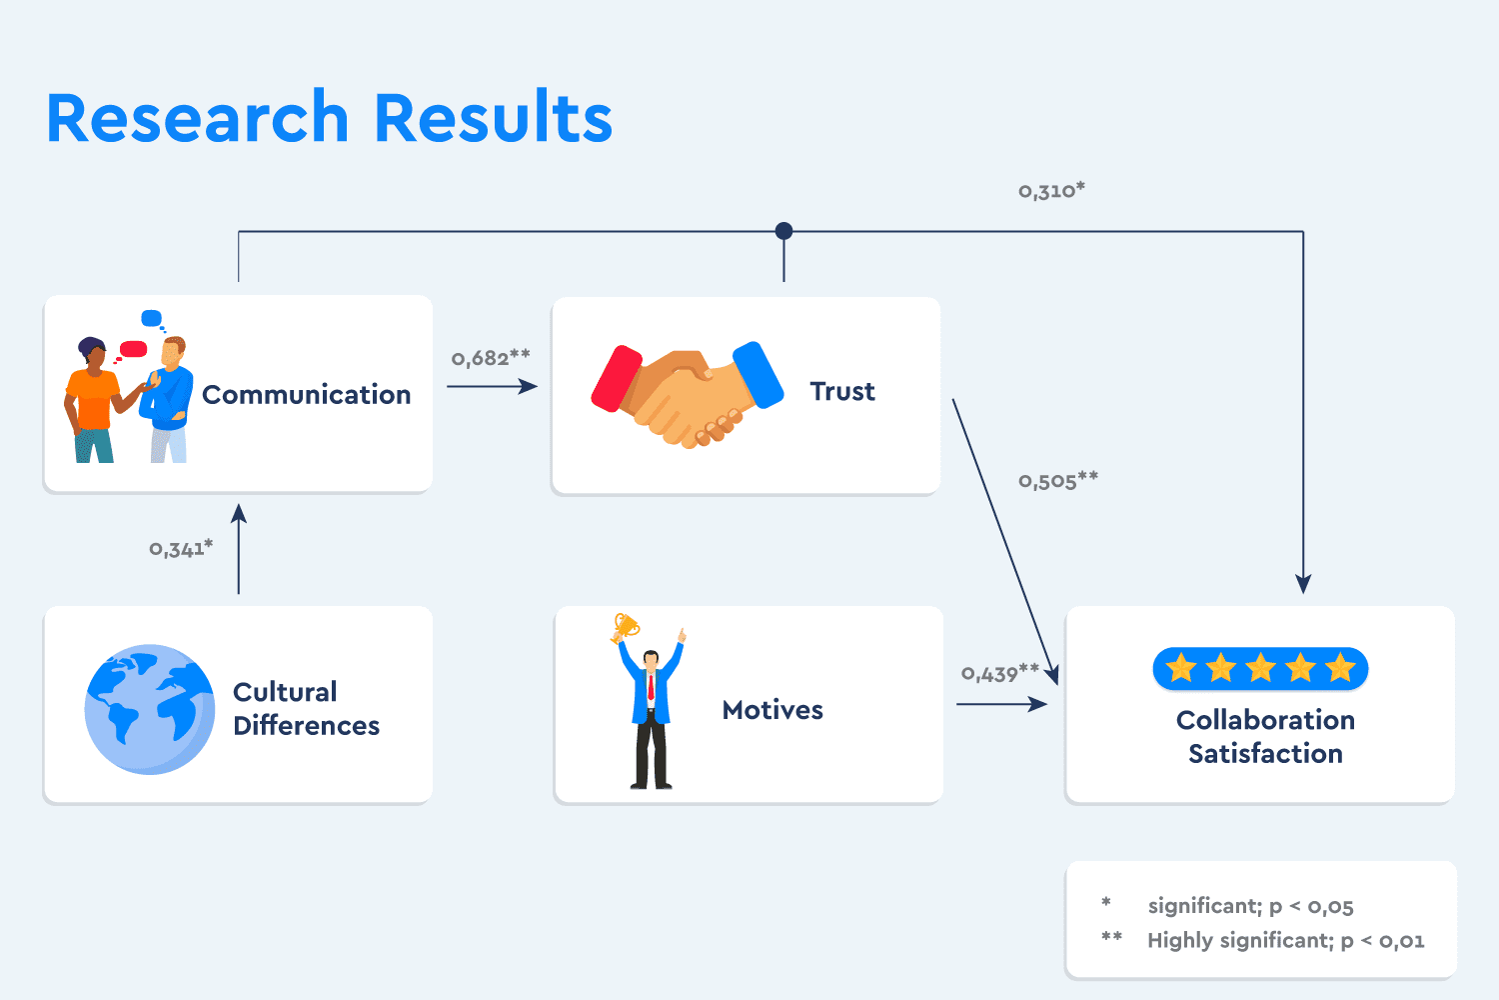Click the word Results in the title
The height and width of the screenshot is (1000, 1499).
tap(493, 118)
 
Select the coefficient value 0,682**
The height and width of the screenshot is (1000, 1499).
tap(490, 357)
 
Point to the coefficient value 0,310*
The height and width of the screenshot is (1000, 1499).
tap(1051, 190)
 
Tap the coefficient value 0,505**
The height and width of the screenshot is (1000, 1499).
tap(1057, 480)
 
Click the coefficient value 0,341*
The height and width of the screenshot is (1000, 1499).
tap(181, 548)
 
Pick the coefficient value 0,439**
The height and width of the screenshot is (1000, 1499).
tap(999, 673)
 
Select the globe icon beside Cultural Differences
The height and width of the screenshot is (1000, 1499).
tap(150, 709)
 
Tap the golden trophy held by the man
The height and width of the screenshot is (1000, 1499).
tap(626, 627)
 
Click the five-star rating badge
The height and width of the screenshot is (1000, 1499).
tap(1260, 668)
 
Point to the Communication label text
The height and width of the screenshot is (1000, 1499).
tap(306, 395)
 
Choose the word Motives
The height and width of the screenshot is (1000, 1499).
tap(772, 710)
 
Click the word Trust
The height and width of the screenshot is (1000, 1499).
tap(842, 392)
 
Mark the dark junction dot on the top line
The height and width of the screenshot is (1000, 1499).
tap(784, 231)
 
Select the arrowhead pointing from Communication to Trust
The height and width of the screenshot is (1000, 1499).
tap(530, 386)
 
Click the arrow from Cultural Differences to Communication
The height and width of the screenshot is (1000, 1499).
tap(239, 550)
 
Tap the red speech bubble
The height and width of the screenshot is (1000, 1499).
tap(133, 349)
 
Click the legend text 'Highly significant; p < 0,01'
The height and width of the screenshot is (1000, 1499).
tap(1285, 940)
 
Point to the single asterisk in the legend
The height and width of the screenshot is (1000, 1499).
tap(1106, 903)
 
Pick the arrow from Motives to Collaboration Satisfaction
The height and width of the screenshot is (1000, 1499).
tap(1001, 704)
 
